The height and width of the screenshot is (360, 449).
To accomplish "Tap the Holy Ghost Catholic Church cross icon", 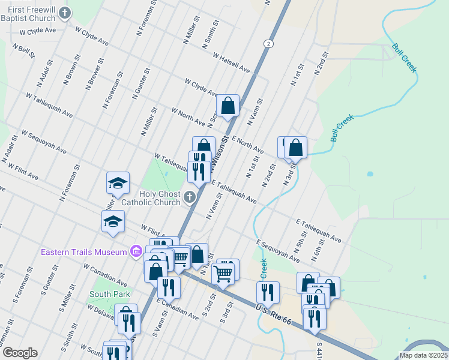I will [x=189, y=197].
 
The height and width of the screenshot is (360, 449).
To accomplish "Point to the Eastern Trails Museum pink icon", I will [x=136, y=251].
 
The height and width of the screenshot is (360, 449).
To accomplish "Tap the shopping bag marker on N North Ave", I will [x=228, y=106].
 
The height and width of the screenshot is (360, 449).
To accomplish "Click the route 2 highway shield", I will [x=268, y=43].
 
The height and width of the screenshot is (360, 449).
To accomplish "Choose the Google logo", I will [x=19, y=353].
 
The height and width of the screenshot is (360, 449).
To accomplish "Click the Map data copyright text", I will [x=423, y=355].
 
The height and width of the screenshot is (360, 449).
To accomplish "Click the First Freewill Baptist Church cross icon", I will [x=65, y=13].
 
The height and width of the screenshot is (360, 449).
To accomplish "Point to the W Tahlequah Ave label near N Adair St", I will [x=49, y=104].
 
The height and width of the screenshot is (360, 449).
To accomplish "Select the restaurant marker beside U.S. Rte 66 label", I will [x=268, y=292].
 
